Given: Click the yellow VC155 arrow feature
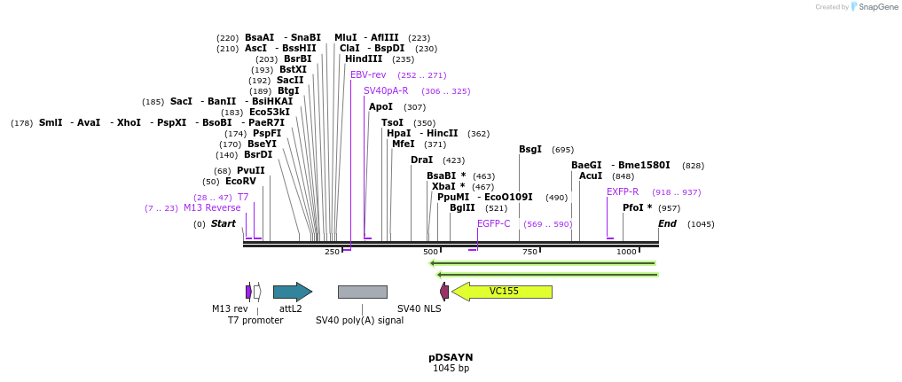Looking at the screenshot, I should tap(502, 292).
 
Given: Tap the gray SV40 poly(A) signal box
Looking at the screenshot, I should tap(362, 292).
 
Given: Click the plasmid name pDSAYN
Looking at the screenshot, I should tap(451, 357).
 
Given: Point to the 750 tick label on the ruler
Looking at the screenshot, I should tap(529, 253).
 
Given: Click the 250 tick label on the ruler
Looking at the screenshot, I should tap(332, 253).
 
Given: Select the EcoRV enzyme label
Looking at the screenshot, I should tap(240, 182).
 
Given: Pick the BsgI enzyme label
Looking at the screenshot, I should tap(530, 150).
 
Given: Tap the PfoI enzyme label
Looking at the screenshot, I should tap(637, 208).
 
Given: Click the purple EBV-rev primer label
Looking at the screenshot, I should tap(368, 75).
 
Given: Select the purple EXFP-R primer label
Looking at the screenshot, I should tap(623, 192).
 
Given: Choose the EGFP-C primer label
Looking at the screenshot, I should tap(494, 224).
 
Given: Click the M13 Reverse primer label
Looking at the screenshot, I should tap(212, 208).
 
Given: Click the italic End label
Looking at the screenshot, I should tap(667, 224).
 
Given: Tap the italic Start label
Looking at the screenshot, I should tap(223, 224).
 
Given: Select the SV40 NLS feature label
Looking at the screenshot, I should tap(419, 308).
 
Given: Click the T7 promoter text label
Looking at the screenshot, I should tap(255, 320).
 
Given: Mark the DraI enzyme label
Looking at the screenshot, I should tap(421, 160).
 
